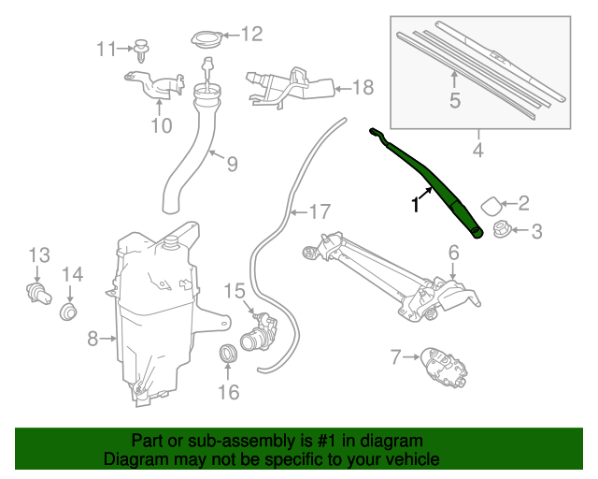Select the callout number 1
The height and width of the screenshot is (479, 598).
coord(415,205)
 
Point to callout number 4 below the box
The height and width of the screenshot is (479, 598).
coord(477,150)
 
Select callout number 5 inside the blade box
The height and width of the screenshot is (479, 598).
coord(455,99)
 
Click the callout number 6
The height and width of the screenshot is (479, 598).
coord(452,252)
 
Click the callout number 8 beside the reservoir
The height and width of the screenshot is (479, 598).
coord(93,339)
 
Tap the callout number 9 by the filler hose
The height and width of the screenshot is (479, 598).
coord(231,164)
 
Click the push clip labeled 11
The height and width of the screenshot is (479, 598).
coord(142,50)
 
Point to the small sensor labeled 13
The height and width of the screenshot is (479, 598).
coord(37,293)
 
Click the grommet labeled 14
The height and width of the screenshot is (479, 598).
coord(68,312)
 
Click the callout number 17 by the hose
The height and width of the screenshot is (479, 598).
coord(320,212)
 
